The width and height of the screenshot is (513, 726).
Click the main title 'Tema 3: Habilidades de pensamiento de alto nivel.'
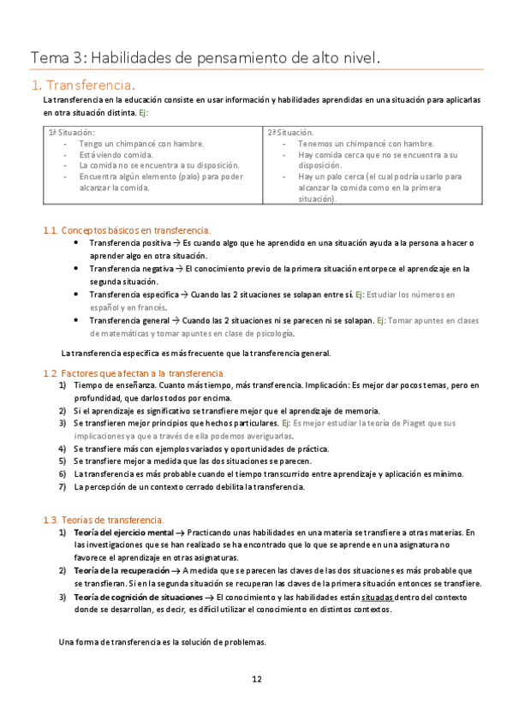coord(205,57)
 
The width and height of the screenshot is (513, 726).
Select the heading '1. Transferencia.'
coord(82,85)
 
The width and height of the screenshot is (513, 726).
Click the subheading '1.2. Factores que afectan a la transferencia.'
coord(134,373)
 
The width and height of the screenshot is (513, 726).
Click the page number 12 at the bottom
coord(256,679)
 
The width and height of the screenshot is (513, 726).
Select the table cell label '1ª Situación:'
coord(71,133)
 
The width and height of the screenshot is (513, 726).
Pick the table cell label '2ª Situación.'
coord(291,133)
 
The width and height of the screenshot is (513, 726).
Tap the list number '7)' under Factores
coord(63,487)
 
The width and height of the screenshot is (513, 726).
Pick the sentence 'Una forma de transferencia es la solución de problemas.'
coord(163,641)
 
